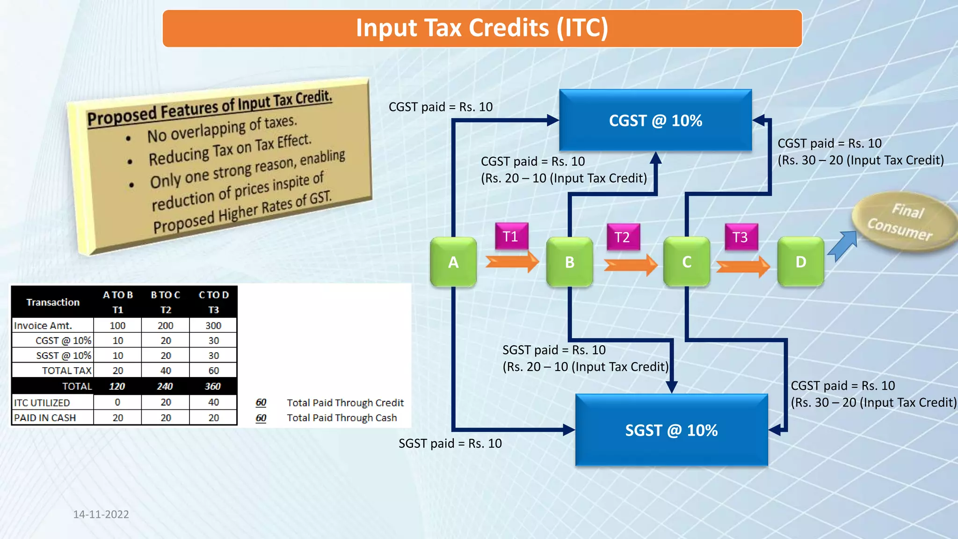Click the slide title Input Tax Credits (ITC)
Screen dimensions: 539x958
pyautogui.click(x=482, y=28)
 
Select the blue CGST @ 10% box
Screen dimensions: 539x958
pyautogui.click(x=655, y=121)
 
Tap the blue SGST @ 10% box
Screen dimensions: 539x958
pyautogui.click(x=671, y=430)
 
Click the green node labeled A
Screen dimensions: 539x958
pyautogui.click(x=453, y=262)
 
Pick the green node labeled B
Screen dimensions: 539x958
pyautogui.click(x=569, y=262)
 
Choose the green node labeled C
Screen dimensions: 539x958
pyautogui.click(x=686, y=262)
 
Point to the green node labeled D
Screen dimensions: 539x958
pyautogui.click(x=800, y=262)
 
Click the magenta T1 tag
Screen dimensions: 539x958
pyautogui.click(x=511, y=236)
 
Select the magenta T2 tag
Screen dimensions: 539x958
pyautogui.click(x=623, y=237)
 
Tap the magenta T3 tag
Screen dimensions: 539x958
pyautogui.click(x=740, y=237)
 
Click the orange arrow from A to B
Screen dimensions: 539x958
pyautogui.click(x=512, y=262)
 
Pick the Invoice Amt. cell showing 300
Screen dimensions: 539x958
pyautogui.click(x=213, y=326)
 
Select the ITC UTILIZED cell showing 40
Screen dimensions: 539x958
pyautogui.click(x=213, y=402)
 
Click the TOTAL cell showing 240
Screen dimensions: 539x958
pyautogui.click(x=165, y=386)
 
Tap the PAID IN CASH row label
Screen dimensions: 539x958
pyautogui.click(x=45, y=418)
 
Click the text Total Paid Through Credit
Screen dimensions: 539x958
pyautogui.click(x=345, y=403)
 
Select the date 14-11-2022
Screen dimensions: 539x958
pyautogui.click(x=101, y=514)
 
